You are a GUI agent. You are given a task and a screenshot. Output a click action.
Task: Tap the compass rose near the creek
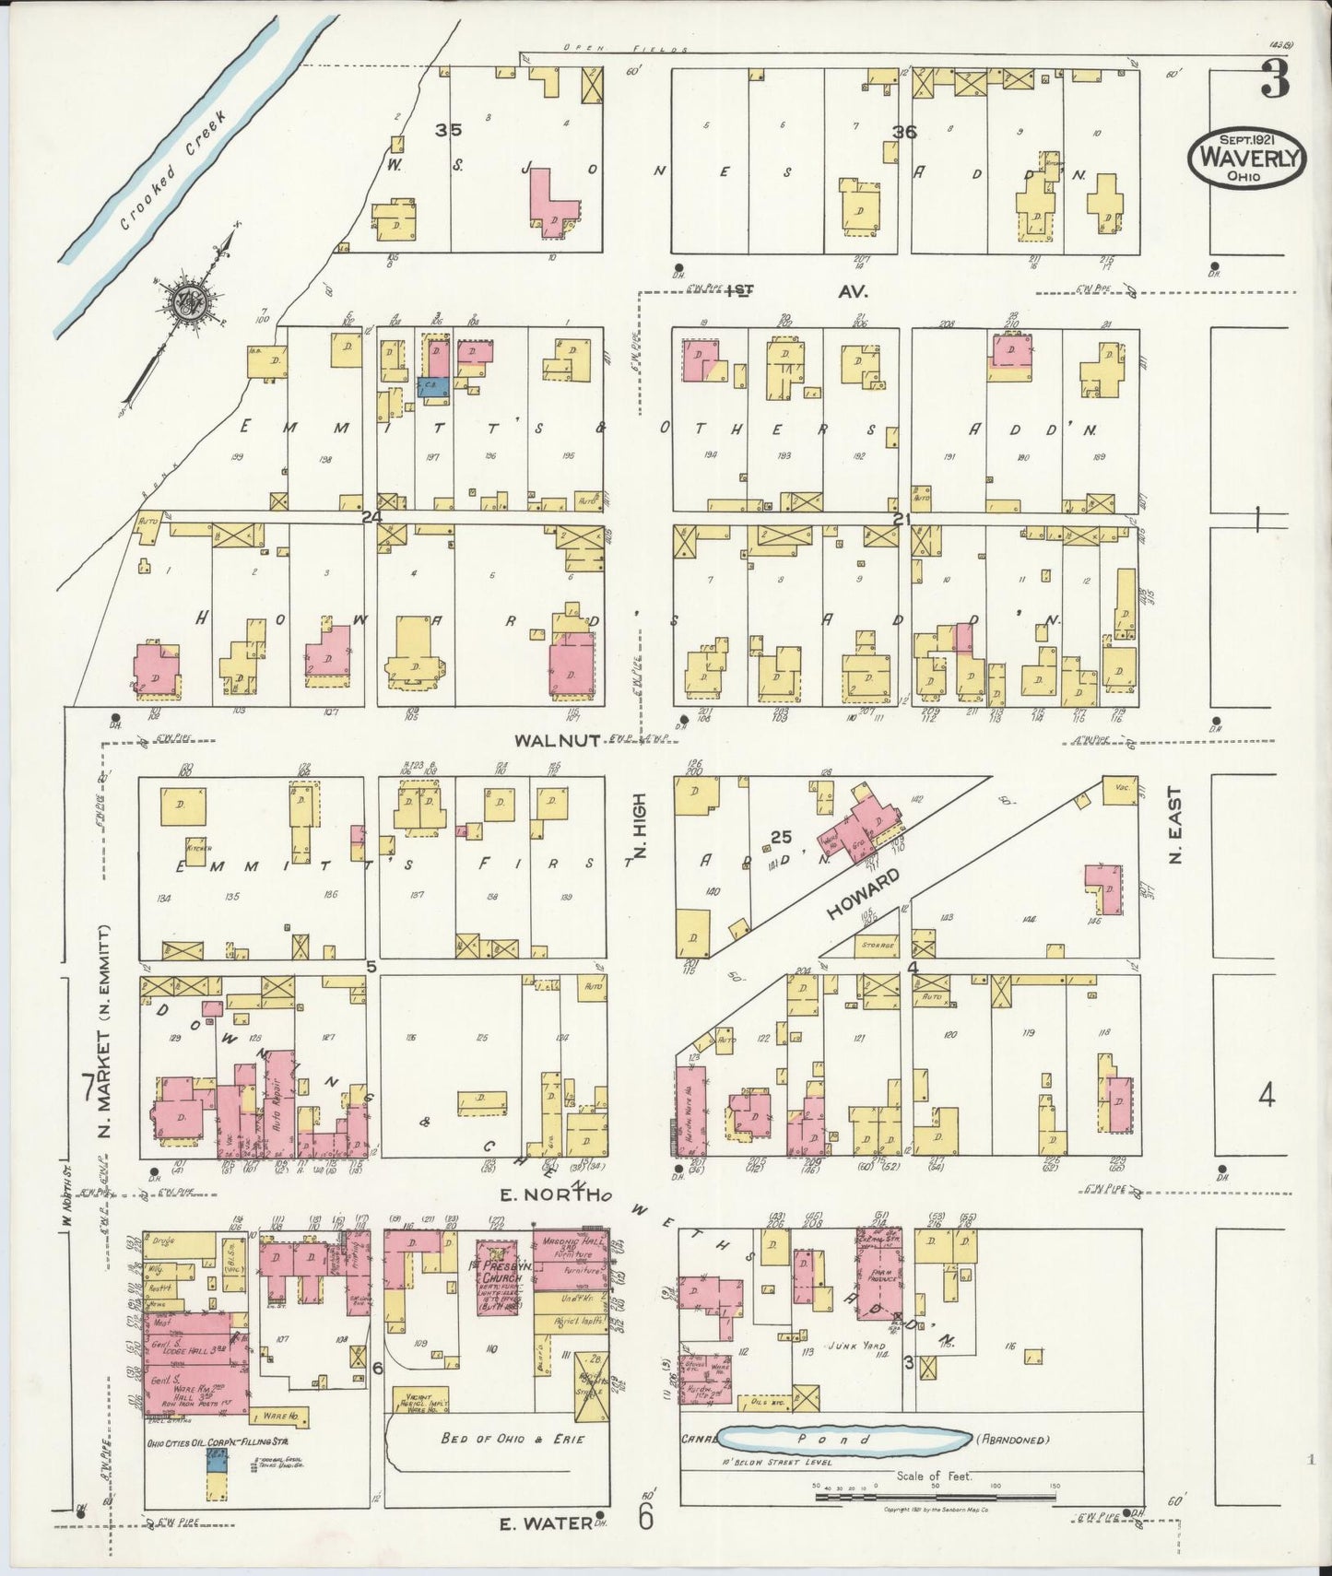(x=191, y=300)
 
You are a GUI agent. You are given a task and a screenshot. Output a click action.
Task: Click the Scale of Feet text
(x=934, y=1476)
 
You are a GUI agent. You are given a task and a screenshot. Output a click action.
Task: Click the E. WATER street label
(x=544, y=1523)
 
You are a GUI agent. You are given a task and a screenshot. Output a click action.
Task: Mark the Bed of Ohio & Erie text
(x=513, y=1439)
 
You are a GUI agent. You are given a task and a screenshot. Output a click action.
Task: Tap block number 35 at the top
(x=449, y=130)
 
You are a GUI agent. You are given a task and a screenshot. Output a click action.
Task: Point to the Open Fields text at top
(x=627, y=48)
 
